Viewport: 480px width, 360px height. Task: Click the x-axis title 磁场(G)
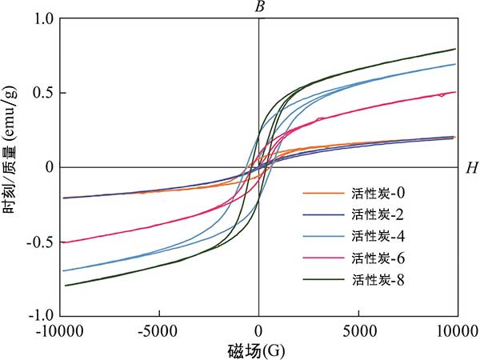258,350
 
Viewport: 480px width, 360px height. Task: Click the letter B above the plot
259,7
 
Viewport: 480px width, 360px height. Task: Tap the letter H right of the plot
471,168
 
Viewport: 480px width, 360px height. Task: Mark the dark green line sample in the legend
323,280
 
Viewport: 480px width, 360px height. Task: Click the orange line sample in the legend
323,194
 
